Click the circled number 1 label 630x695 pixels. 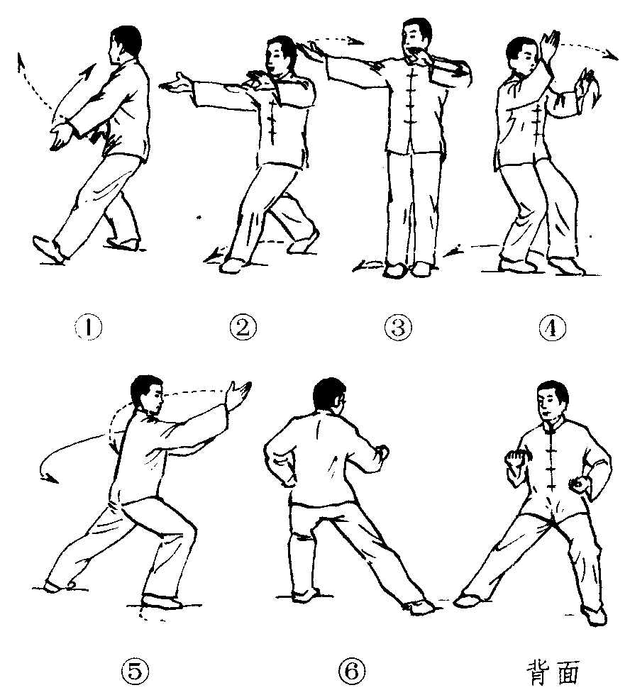(88, 328)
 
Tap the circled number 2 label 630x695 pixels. (243, 328)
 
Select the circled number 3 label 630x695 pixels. (398, 328)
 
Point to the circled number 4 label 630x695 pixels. (553, 328)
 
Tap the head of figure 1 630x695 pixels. (124, 43)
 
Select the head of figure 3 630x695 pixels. (416, 37)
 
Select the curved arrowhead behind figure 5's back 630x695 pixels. (49, 478)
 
